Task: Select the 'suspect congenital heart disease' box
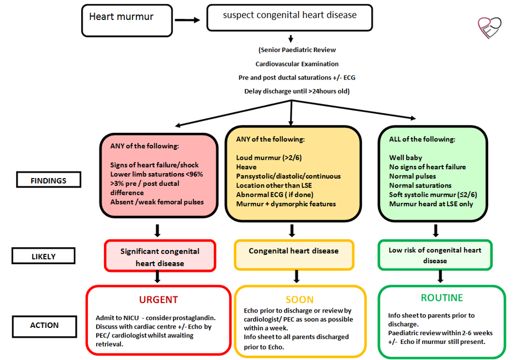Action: point(289,17)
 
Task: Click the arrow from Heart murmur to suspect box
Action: point(187,20)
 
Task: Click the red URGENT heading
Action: point(159,300)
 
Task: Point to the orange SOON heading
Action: point(299,300)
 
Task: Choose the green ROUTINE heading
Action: point(441,298)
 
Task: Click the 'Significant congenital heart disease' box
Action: point(160,257)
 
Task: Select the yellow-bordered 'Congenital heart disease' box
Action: point(293,251)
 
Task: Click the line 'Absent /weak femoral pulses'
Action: point(157,202)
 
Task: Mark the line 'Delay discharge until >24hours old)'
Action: point(297,91)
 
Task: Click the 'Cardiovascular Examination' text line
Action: point(297,64)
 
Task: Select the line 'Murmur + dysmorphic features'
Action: point(286,204)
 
